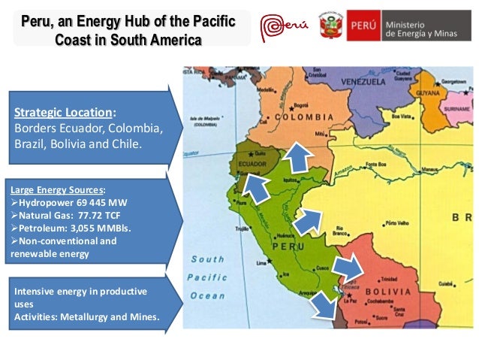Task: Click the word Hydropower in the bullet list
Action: tap(46, 201)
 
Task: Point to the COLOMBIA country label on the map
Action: tap(303, 118)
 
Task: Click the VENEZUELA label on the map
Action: tap(363, 80)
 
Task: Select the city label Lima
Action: tap(262, 263)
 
